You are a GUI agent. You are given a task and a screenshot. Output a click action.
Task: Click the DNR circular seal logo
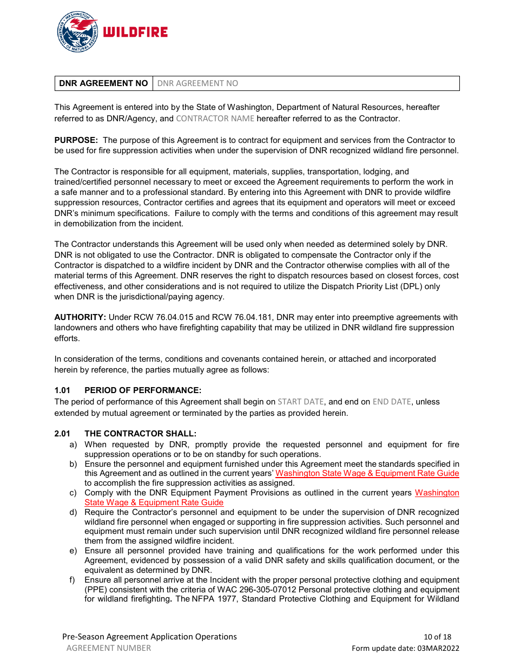click(x=77, y=32)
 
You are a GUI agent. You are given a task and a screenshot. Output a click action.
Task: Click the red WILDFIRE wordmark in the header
click(x=135, y=32)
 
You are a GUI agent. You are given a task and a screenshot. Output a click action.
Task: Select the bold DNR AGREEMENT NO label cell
click(x=103, y=83)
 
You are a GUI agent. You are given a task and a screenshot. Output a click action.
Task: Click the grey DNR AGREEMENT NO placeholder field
click(x=197, y=83)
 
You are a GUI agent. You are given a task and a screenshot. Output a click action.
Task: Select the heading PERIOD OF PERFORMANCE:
click(x=143, y=390)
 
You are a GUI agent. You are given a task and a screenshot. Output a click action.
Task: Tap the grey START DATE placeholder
click(x=300, y=402)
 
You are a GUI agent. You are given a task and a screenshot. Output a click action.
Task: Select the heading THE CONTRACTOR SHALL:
click(x=140, y=434)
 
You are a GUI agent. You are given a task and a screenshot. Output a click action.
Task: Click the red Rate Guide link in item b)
click(x=367, y=474)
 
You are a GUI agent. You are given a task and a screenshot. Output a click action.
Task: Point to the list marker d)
click(x=73, y=512)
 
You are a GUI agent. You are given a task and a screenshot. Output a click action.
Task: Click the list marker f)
click(x=73, y=580)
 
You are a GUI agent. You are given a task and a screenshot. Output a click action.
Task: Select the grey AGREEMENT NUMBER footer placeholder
click(x=109, y=648)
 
